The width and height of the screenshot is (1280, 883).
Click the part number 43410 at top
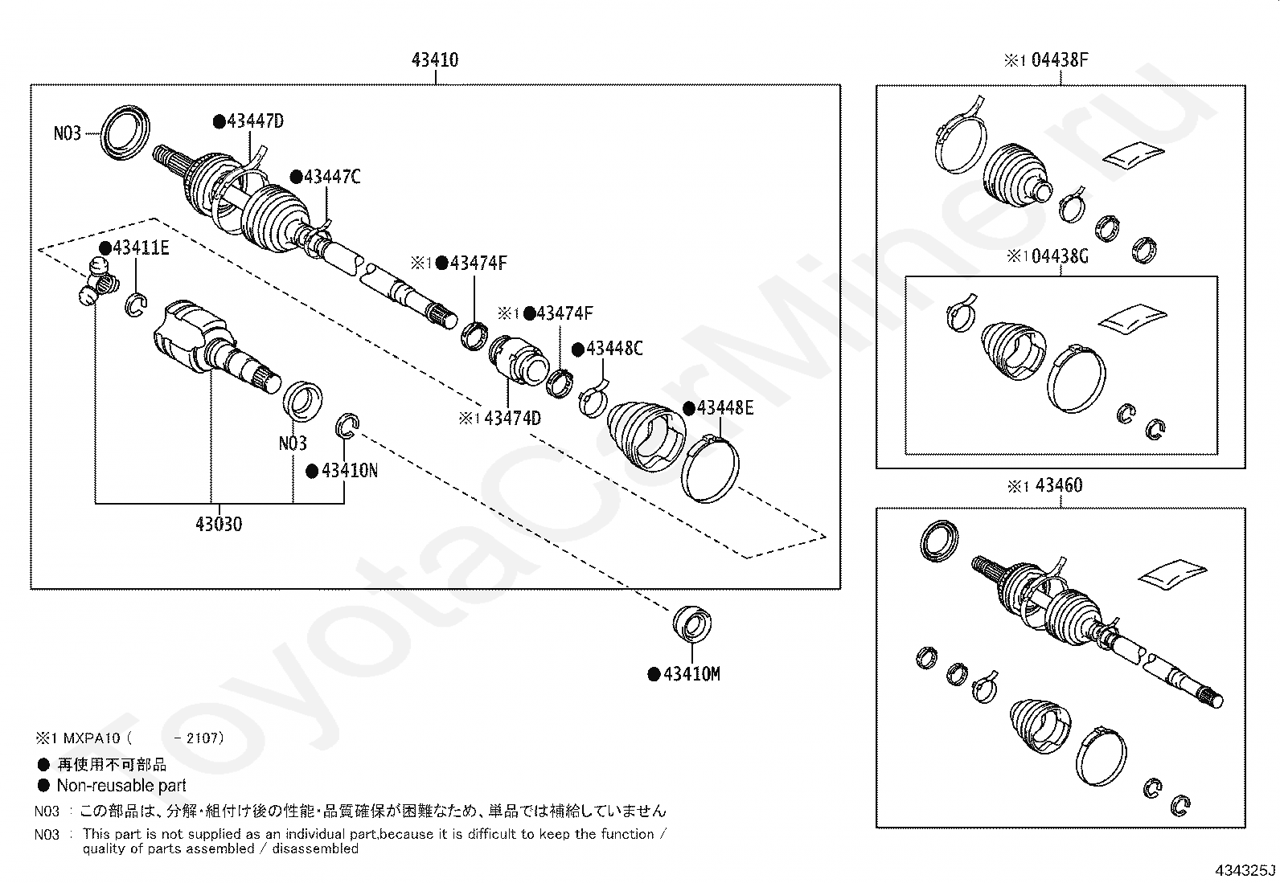click(x=435, y=60)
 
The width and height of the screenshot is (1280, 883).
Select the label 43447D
click(x=255, y=121)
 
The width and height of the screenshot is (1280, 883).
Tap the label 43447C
click(x=331, y=177)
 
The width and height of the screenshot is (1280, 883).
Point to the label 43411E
click(x=140, y=247)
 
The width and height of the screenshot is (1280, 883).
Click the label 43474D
click(x=512, y=418)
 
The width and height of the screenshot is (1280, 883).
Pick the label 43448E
click(x=724, y=408)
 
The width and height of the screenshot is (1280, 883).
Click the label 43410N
click(x=348, y=471)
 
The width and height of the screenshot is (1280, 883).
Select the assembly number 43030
click(x=218, y=525)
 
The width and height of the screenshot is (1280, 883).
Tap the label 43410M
click(x=691, y=674)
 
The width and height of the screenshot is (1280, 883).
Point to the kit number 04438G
click(x=1059, y=256)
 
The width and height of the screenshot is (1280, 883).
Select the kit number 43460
click(x=1058, y=485)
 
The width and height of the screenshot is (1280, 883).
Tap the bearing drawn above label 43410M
click(x=692, y=624)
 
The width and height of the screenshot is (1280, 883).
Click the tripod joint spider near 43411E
click(x=98, y=281)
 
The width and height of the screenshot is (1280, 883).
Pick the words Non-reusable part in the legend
click(x=121, y=786)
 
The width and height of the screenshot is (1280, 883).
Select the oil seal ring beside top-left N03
click(x=127, y=128)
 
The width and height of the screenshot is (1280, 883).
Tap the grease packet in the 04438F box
click(x=1133, y=155)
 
